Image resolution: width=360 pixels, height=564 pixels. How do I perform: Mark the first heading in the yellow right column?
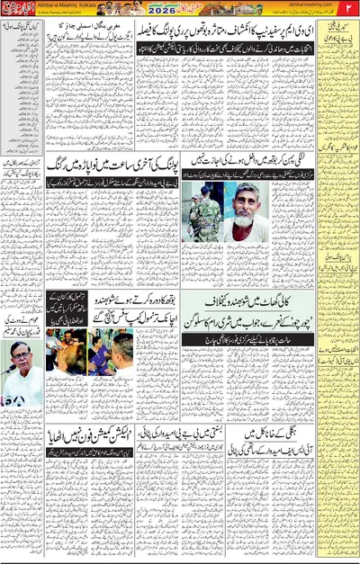337,44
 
